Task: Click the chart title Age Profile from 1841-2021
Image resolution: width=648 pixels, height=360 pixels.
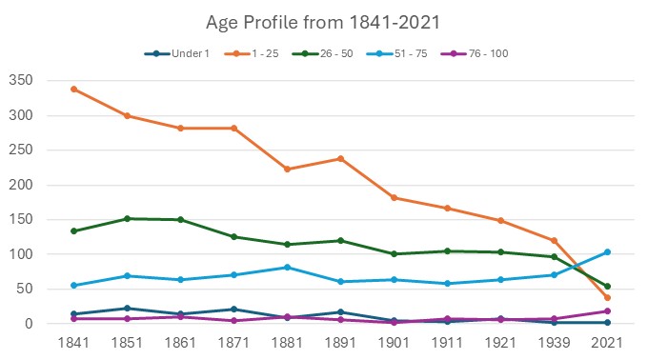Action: pos(324,22)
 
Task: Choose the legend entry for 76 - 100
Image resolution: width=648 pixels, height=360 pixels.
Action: pos(488,53)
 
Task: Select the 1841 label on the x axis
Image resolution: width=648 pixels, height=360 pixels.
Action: pos(73,341)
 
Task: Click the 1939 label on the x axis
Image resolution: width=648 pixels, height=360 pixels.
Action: pos(554,341)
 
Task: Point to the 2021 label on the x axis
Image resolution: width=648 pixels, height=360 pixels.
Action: pos(607,341)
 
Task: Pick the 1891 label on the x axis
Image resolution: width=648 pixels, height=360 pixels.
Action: pos(340,341)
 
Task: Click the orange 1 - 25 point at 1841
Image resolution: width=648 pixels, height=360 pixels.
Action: pos(73,90)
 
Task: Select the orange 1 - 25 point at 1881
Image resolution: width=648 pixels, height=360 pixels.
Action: pos(287,170)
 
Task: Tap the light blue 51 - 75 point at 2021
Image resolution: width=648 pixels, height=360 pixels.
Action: pos(607,252)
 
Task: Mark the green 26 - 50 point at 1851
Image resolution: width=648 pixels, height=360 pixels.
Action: pos(127,219)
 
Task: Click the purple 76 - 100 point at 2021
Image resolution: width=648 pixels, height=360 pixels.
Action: pos(607,311)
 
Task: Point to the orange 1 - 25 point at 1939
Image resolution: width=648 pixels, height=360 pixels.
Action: pos(554,241)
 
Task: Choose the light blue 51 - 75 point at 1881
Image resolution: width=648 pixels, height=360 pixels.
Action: pos(287,268)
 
